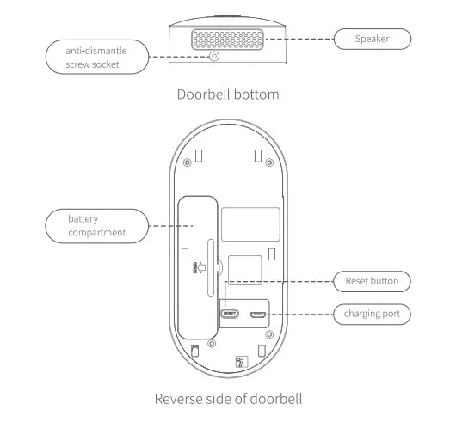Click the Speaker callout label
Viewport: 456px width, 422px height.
pos(373,39)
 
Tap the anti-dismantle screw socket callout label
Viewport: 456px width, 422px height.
pos(97,58)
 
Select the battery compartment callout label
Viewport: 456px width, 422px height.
pos(97,226)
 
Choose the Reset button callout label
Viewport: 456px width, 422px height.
pos(372,281)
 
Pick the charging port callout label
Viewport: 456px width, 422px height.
pos(372,314)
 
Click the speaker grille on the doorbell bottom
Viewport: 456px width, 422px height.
pos(227,40)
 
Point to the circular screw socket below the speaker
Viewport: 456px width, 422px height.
pos(214,56)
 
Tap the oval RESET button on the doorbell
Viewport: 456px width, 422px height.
pos(230,314)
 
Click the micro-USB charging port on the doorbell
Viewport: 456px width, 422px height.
pos(258,315)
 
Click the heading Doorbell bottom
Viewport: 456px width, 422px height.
pos(228,95)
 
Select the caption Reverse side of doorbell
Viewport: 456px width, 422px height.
pos(228,399)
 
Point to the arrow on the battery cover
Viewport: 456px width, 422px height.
pos(202,267)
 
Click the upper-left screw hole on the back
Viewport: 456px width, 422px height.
pos(188,162)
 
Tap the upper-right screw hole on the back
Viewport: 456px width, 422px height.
pos(269,162)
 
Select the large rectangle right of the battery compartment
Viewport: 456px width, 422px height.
pos(250,224)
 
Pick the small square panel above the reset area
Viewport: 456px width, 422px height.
pos(245,270)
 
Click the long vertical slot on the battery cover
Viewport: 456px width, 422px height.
pos(211,268)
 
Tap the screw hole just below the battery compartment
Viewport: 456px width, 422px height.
pos(212,344)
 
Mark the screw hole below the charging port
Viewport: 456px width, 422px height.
pos(269,334)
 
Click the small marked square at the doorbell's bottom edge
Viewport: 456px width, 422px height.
pos(242,362)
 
